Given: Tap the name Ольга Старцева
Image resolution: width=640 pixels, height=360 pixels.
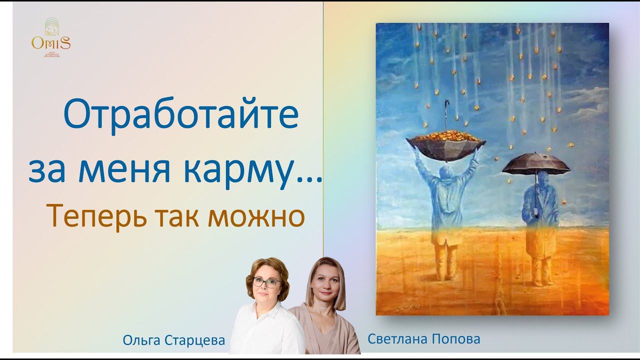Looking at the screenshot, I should [x=174, y=340].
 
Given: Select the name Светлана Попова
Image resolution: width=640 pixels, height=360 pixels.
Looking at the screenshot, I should [x=423, y=338].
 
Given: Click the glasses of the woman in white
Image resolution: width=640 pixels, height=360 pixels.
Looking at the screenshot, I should [x=266, y=282].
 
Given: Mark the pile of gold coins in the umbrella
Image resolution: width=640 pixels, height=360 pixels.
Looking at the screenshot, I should [x=445, y=136].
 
